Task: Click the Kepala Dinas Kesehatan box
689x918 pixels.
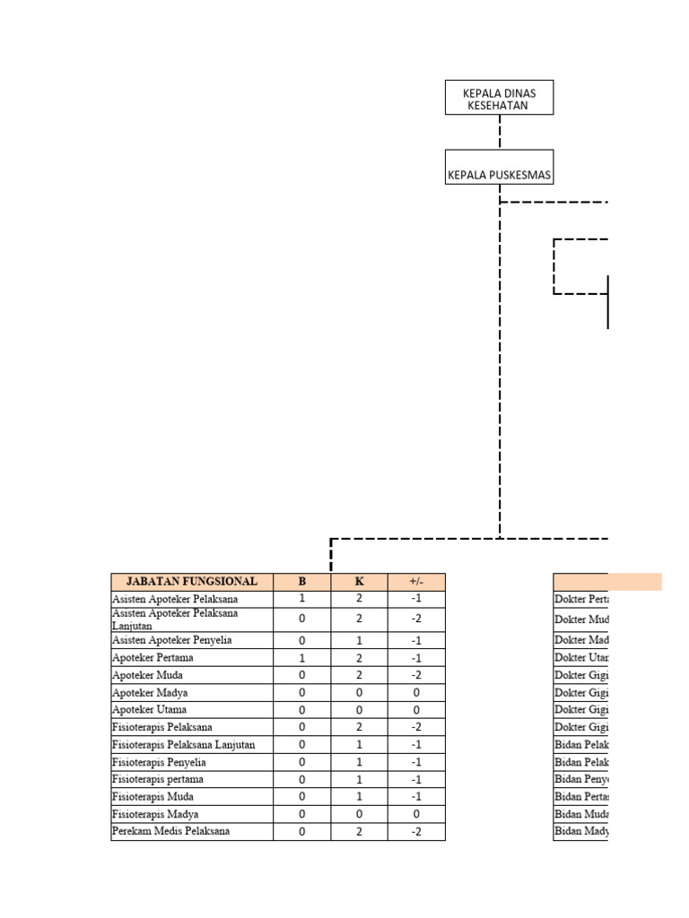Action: point(499,98)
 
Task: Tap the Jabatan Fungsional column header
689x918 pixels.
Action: point(192,582)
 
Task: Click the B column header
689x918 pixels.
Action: point(302,582)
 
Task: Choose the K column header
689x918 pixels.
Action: point(360,582)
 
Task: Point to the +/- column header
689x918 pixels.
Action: point(416,582)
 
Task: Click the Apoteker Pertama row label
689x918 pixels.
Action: point(153,658)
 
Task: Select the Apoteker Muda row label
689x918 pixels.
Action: point(148,675)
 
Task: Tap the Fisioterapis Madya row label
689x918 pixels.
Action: point(155,814)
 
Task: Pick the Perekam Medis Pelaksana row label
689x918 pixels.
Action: point(170,831)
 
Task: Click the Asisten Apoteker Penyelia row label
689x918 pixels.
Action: point(171,641)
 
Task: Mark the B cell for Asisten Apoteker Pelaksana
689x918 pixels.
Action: point(302,599)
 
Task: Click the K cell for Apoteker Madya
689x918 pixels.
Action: point(360,693)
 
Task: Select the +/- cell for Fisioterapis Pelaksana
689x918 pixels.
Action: point(416,727)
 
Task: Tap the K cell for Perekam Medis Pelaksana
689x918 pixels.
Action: point(360,831)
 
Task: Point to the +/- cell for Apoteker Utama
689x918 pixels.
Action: point(416,710)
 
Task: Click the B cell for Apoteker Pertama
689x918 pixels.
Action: point(302,658)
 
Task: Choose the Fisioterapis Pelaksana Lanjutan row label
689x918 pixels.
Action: point(184,745)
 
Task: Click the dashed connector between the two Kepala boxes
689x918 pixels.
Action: point(500,132)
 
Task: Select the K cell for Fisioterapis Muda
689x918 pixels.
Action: point(360,797)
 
